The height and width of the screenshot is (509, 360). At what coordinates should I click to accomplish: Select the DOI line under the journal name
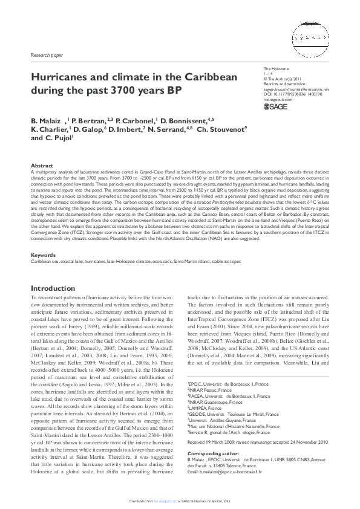pyautogui.click(x=294, y=94)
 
